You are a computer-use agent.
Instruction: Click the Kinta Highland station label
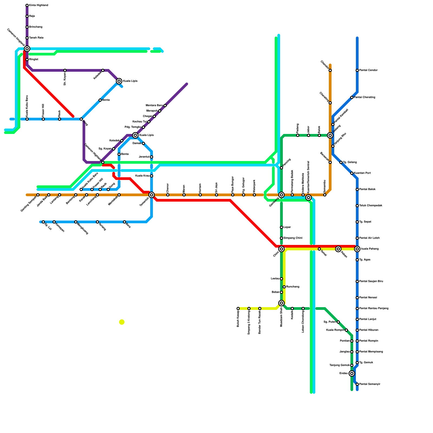tap(38, 5)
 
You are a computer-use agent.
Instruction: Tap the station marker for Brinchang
tap(27, 27)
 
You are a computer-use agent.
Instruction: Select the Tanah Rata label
tap(36, 38)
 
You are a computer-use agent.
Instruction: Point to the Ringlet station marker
tap(27, 60)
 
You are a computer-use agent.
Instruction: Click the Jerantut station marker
tap(152, 157)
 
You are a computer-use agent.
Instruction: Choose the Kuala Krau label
tap(142, 176)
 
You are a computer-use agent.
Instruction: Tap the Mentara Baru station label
tap(154, 106)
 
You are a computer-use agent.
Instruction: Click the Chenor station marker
tap(168, 195)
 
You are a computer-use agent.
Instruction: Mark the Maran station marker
tap(184, 195)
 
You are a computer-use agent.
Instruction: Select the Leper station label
tap(287, 227)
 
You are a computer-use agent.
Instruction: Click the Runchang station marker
tap(284, 287)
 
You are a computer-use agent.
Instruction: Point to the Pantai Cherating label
tap(365, 97)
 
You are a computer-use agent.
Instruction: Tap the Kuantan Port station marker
tap(352, 173)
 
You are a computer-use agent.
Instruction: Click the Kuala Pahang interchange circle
tap(357, 249)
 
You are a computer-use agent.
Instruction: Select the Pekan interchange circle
tap(338, 249)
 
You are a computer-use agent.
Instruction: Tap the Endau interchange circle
tap(352, 373)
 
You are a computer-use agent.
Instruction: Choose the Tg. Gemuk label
tap(366, 363)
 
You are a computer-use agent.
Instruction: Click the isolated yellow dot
tap(122, 322)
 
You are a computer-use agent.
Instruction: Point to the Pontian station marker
tap(352, 341)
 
